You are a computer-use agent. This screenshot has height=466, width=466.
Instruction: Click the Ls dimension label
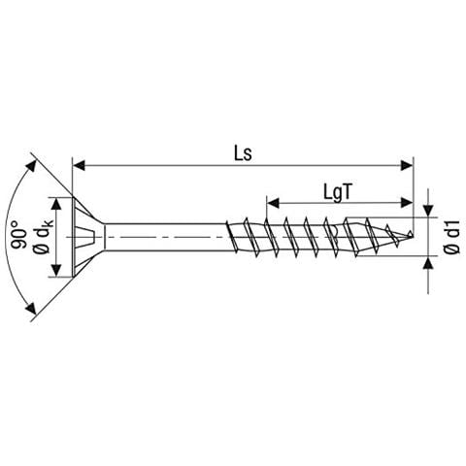[x=243, y=154]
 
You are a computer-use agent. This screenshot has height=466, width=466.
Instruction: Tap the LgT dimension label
[x=337, y=193]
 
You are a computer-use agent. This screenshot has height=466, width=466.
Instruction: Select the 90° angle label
[x=19, y=235]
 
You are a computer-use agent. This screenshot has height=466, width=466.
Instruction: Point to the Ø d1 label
[x=451, y=237]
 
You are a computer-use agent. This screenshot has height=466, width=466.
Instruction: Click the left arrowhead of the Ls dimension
[x=80, y=165]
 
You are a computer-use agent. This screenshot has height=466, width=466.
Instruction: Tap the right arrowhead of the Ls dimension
[x=407, y=165]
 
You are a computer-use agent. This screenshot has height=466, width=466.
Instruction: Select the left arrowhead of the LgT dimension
[x=273, y=203]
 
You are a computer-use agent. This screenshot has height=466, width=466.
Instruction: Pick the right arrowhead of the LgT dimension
[x=407, y=203]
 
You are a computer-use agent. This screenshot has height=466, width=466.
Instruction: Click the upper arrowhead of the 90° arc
[x=31, y=167]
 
